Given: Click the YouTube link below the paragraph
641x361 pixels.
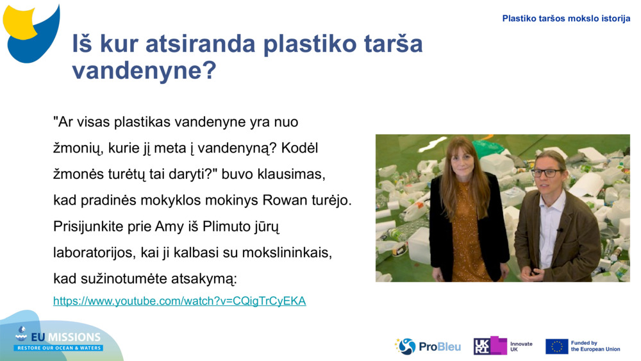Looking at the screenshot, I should pyautogui.click(x=179, y=301).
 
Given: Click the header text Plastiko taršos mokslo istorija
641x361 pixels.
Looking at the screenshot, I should pyautogui.click(x=566, y=19).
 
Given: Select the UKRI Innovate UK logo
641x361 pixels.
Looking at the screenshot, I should pyautogui.click(x=503, y=346).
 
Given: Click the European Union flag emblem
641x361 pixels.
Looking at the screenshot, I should pyautogui.click(x=556, y=346).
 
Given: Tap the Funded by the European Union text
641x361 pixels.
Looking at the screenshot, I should pyautogui.click(x=595, y=346).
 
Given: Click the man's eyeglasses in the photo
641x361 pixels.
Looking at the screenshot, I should pyautogui.click(x=545, y=172).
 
